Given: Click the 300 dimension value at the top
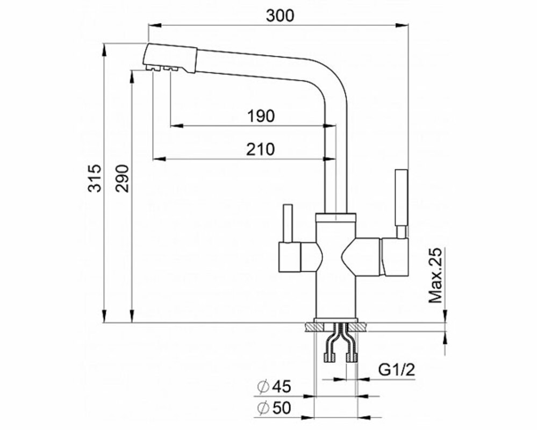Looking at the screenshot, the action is [x=280, y=16].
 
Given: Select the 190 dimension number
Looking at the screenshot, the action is [x=261, y=116].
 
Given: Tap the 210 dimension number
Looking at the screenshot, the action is [x=261, y=149].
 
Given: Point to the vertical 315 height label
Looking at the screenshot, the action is [x=95, y=178].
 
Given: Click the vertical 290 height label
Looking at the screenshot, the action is [x=122, y=178].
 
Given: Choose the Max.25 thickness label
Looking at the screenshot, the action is [x=436, y=276].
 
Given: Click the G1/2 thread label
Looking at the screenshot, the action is [x=397, y=370].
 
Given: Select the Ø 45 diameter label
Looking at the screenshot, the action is [x=274, y=387].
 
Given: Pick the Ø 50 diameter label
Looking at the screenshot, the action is [x=274, y=408].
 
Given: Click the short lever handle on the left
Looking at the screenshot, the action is [x=287, y=223].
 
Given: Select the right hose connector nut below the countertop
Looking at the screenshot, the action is [x=352, y=358].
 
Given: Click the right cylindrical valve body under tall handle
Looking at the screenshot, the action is [x=395, y=256].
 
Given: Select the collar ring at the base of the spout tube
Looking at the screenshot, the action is [x=336, y=217].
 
